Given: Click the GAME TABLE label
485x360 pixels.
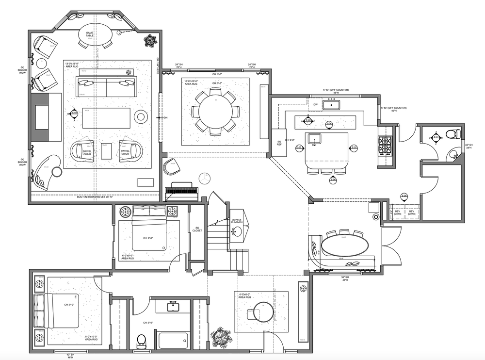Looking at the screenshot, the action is (x=90, y=34).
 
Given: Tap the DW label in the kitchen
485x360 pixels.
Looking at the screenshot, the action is (x=315, y=104).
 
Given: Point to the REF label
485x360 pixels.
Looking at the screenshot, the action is (x=279, y=144).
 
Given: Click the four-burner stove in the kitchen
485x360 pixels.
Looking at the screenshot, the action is (x=386, y=144).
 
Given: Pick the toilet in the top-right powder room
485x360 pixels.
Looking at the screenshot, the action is (x=451, y=133).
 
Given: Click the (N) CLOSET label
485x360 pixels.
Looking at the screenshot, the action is (x=197, y=229).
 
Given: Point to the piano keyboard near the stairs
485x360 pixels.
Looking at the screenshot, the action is (x=182, y=192).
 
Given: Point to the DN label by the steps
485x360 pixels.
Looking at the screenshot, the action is (x=164, y=118).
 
